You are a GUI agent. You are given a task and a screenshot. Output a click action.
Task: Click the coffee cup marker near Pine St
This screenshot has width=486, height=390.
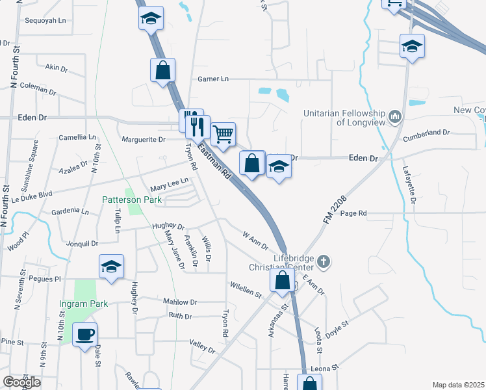(84, 335)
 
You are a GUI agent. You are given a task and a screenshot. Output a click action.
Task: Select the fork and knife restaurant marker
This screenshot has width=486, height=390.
(198, 125)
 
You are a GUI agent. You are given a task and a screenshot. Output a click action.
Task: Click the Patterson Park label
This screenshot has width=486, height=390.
(132, 200)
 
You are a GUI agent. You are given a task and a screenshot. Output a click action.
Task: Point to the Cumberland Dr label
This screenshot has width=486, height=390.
(426, 133)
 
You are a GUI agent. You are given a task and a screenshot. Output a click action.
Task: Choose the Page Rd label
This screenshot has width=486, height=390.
(353, 213)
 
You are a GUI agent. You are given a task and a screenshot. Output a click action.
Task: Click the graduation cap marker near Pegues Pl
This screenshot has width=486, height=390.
(111, 266)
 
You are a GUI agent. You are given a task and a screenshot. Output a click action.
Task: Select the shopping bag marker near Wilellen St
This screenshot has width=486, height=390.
(282, 281)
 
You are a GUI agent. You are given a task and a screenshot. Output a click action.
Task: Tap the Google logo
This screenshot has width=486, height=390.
(22, 382)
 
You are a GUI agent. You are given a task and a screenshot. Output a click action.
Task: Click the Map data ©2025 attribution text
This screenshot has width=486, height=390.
(458, 385)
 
